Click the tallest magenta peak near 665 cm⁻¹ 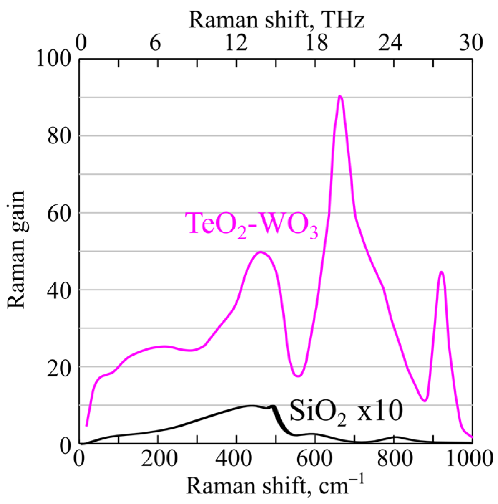pyautogui.click(x=340, y=96)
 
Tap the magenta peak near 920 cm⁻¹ pyautogui.click(x=441, y=272)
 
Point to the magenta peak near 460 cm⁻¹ pyautogui.click(x=261, y=252)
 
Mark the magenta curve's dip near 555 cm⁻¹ pyautogui.click(x=298, y=376)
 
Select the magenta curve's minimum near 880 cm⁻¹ pyautogui.click(x=425, y=401)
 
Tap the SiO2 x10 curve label pyautogui.click(x=346, y=412)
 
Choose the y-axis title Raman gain pyautogui.click(x=16, y=249)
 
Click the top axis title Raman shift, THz pyautogui.click(x=276, y=20)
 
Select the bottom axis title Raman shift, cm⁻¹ pyautogui.click(x=275, y=486)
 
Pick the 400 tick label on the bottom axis pyautogui.click(x=236, y=458)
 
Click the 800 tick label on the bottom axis pyautogui.click(x=394, y=458)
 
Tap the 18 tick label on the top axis pyautogui.click(x=316, y=43)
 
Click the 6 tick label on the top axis pyautogui.click(x=155, y=43)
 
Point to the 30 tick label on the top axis pyautogui.click(x=471, y=43)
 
